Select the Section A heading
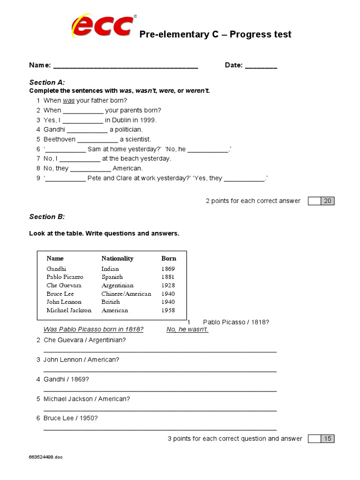click(x=47, y=82)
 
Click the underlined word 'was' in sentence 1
click(x=68, y=100)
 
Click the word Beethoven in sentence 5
click(x=60, y=139)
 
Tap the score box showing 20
click(x=327, y=201)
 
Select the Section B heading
click(x=47, y=217)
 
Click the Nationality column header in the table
click(x=117, y=258)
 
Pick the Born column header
click(x=169, y=258)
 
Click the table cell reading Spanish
click(x=112, y=277)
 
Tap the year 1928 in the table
click(x=168, y=285)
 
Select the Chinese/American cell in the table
click(x=126, y=294)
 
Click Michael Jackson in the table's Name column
click(x=69, y=310)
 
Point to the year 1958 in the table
click(x=168, y=310)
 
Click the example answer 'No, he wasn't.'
click(x=187, y=330)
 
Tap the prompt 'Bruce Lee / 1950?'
click(x=70, y=418)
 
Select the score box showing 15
click(x=327, y=439)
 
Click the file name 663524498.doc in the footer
click(x=45, y=457)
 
